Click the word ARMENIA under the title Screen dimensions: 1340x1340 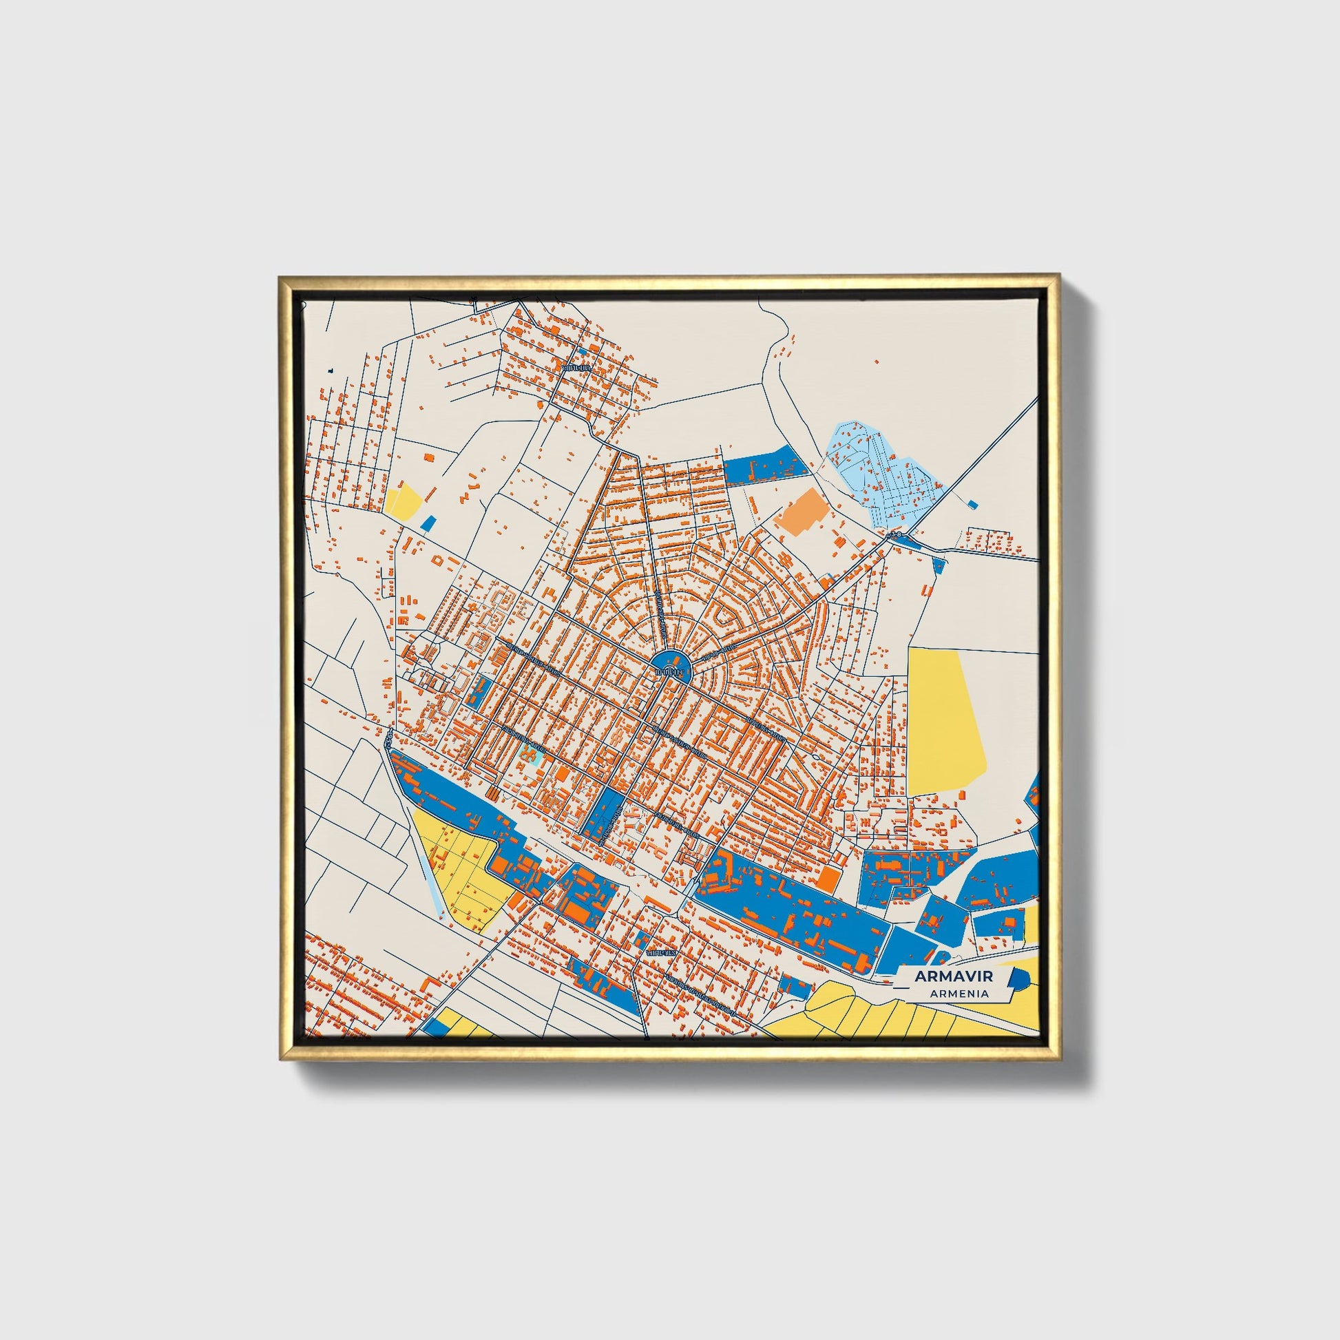(x=960, y=993)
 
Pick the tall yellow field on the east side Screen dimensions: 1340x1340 (x=943, y=722)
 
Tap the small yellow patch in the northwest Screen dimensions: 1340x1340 (x=404, y=500)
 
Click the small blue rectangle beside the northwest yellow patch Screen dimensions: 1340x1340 (x=428, y=523)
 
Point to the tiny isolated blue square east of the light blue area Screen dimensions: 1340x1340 (x=974, y=503)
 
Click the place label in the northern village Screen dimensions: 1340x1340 (x=576, y=368)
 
